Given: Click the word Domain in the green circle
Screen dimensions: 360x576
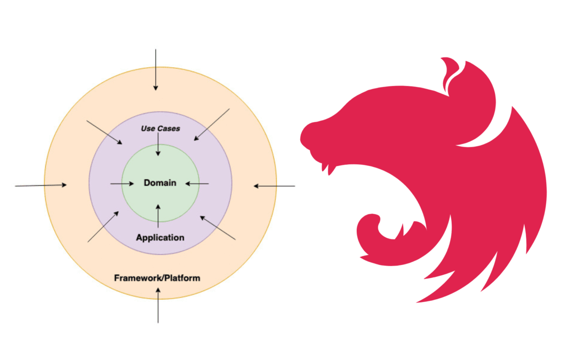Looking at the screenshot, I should coord(160,183).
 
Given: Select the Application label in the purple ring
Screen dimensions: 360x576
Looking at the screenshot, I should coord(160,237).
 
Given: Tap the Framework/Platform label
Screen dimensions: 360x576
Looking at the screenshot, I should coord(157,278).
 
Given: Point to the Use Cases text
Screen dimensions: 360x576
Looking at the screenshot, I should coord(160,129).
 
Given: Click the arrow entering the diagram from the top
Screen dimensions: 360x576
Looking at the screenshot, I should coord(156,69).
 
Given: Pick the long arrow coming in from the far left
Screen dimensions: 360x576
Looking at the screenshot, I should coord(41,186).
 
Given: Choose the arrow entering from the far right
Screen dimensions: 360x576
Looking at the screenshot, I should coord(274,186).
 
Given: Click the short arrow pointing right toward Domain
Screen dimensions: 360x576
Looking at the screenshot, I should coord(122,184).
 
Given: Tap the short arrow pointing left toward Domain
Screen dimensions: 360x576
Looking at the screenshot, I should coord(197,184).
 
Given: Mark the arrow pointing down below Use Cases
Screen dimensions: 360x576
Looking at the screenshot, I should coord(158,146).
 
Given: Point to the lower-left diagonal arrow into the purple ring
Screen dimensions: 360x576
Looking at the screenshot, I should coord(103,226).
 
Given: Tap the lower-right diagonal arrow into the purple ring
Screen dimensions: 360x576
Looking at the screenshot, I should coord(217,227).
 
